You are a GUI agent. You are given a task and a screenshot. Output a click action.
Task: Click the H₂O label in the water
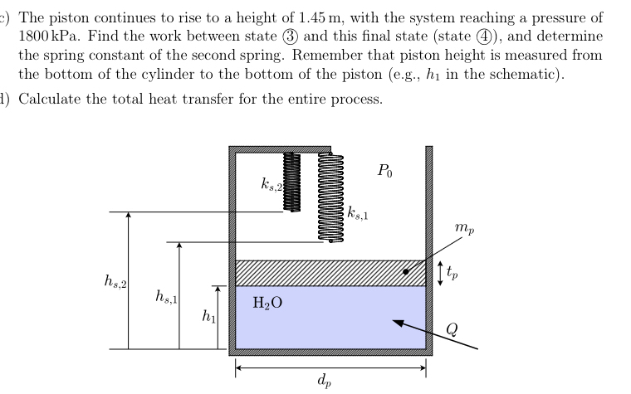point(266,304)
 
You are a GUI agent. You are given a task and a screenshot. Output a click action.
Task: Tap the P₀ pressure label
point(384,173)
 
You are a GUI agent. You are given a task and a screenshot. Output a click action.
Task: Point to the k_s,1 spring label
point(357,215)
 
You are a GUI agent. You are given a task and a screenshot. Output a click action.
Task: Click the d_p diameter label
point(323,382)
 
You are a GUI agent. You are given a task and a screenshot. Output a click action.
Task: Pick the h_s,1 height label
point(165,296)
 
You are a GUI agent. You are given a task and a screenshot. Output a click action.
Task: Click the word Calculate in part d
point(47,100)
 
